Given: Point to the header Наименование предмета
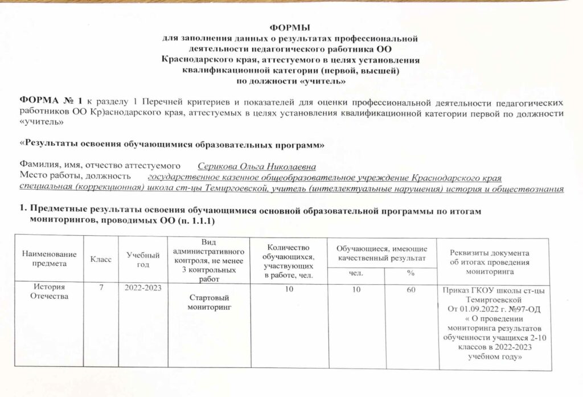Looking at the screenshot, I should click(x=49, y=259).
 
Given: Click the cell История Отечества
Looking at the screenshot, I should click(x=49, y=292).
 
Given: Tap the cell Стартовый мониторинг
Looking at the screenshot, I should click(x=208, y=302).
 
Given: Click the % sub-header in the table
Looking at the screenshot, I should click(x=410, y=274).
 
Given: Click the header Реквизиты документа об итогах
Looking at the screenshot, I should click(x=490, y=258).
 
